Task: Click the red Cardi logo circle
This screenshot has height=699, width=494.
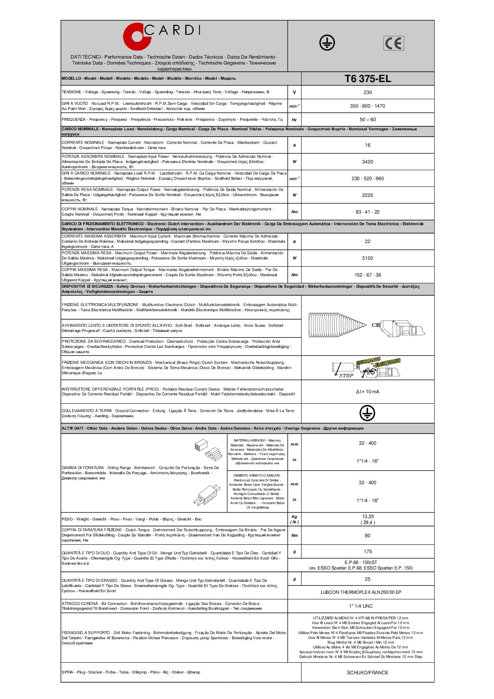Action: pos(133,39)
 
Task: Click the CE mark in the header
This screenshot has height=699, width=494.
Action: pos(394,43)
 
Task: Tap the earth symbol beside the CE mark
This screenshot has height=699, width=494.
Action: pos(327,43)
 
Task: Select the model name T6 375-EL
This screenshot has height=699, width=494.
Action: pos(367,79)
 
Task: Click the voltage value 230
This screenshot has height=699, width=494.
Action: pos(367,92)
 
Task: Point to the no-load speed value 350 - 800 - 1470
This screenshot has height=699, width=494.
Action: pos(367,106)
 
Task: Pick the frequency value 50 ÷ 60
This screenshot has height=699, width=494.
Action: pos(367,120)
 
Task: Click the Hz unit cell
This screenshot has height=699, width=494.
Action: pos(294,120)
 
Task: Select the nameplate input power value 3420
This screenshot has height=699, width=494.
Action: pos(367,162)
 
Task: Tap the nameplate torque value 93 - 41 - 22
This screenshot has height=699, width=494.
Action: pos(367,212)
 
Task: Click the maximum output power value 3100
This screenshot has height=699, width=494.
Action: pos(367,258)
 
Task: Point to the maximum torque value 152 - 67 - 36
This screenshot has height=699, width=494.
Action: pos(367,275)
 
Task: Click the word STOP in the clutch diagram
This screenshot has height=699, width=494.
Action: pos(346,375)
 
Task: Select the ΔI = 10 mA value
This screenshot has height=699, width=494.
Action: pos(367,392)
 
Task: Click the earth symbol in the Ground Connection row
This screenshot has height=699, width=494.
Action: pos(367,413)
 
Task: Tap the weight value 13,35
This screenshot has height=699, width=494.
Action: pos(368,516)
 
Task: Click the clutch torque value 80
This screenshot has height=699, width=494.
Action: pos(367,536)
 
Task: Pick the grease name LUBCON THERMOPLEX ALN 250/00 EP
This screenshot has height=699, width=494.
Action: pos(361,592)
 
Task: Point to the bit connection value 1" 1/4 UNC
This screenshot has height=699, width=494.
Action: pos(361,606)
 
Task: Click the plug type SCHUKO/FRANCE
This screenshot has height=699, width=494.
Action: pos(367,673)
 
